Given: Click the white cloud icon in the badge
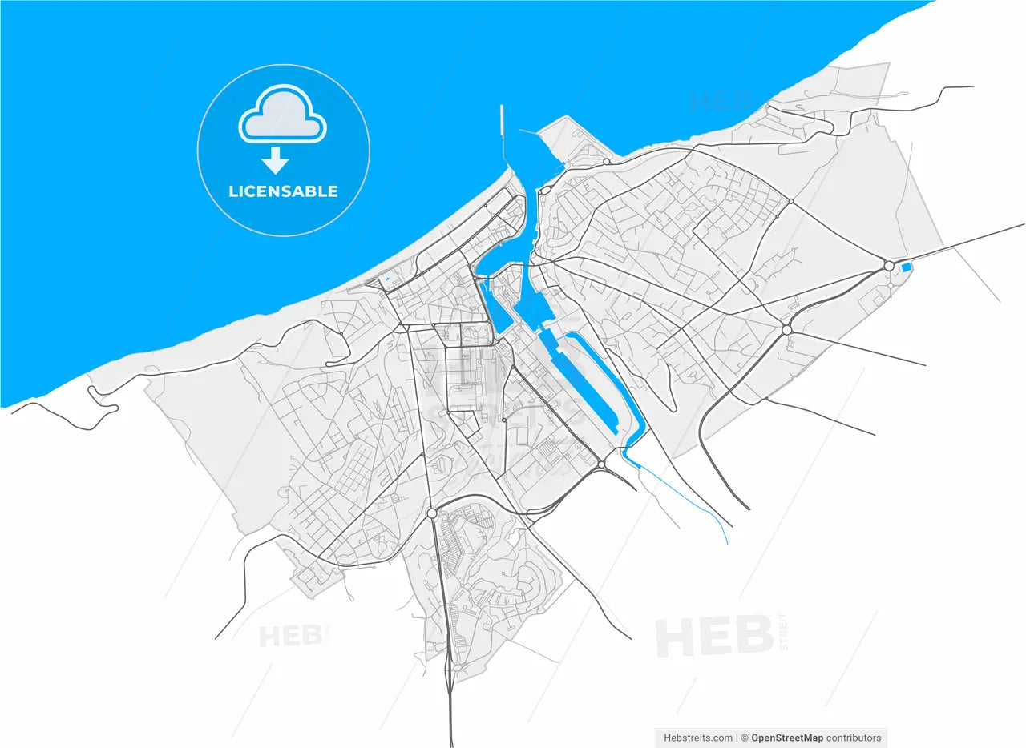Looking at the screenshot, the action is coord(282,116).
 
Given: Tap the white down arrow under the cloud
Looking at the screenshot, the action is coord(275,161).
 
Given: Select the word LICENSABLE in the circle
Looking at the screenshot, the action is coord(283,191).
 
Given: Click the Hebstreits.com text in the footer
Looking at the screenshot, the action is coord(697,738).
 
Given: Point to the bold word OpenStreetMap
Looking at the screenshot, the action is coord(786,738).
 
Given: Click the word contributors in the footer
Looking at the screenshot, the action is coord(854,738).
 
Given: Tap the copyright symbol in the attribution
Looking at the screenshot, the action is coord(744,738).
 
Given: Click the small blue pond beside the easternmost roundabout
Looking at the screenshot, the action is coord(907,267).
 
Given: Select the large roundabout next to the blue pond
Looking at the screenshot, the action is coord(888,266).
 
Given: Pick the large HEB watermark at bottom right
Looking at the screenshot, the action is coord(713,637).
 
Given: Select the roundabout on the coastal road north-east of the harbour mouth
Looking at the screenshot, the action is coord(606,162).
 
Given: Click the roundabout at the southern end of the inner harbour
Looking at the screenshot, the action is coord(601,464).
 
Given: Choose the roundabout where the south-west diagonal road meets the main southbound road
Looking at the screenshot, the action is coord(432,513).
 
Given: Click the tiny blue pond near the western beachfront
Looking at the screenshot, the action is coord(386,279).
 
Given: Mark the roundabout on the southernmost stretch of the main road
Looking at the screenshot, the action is coord(455,666).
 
